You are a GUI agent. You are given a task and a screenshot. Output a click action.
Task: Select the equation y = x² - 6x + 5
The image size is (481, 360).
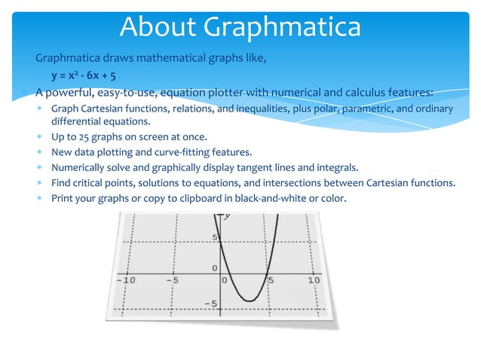pyautogui.click(x=83, y=76)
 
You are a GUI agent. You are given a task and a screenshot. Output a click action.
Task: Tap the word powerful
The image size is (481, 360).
pyautogui.click(x=75, y=93)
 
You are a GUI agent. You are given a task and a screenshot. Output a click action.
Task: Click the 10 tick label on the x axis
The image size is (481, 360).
pyautogui.click(x=314, y=279)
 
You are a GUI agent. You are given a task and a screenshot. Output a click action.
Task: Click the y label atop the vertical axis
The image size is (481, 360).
pyautogui.click(x=227, y=216)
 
